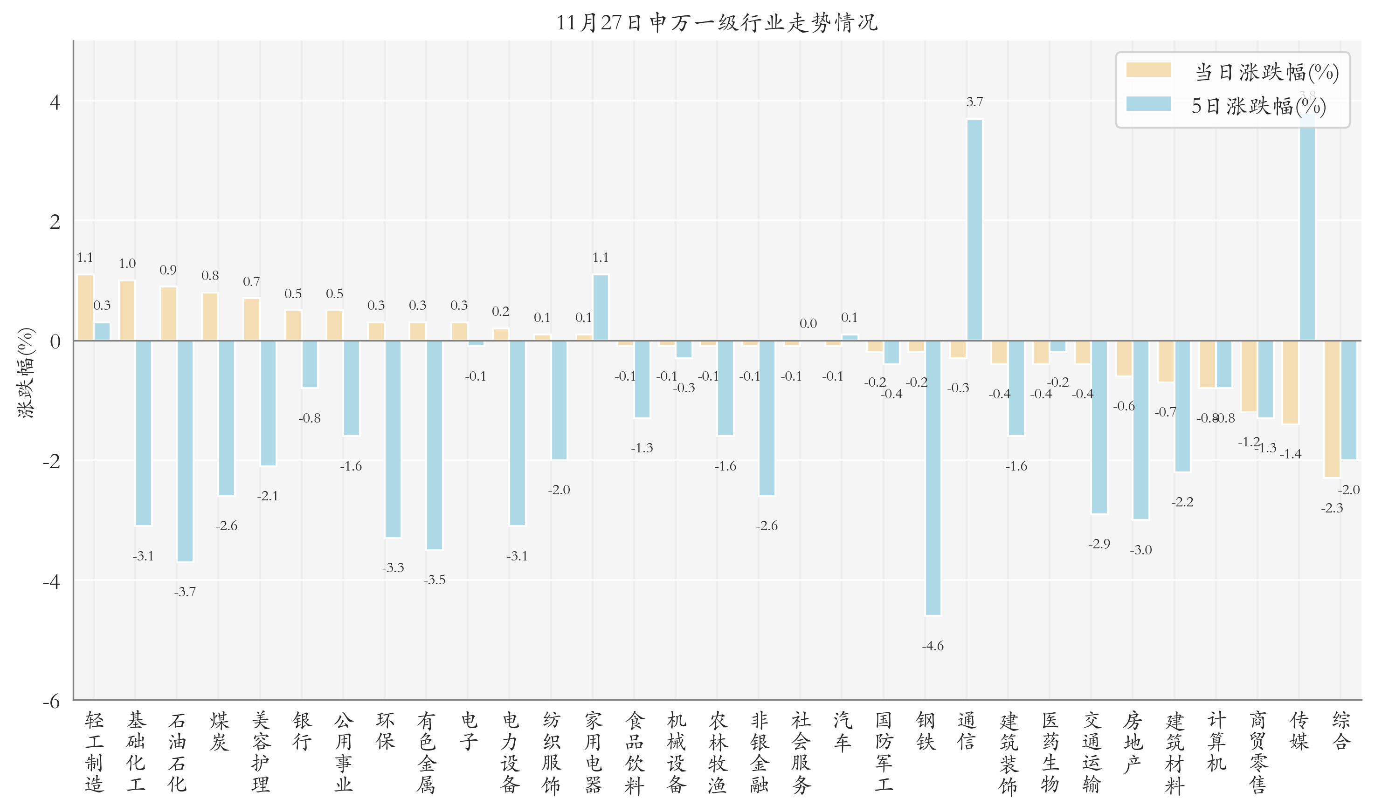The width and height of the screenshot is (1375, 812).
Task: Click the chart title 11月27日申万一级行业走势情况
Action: [716, 23]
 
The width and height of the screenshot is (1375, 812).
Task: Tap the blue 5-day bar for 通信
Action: [974, 230]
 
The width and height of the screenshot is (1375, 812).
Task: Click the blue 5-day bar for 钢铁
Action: [933, 477]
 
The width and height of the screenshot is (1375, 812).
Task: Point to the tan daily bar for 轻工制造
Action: [85, 307]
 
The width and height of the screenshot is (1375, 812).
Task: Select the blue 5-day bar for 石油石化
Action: [185, 450]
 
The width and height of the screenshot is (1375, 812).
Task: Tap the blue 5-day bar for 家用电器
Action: [600, 307]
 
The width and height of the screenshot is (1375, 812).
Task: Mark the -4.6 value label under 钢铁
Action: [933, 646]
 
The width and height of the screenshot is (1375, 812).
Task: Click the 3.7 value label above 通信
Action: [974, 102]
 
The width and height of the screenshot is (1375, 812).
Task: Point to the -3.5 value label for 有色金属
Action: [434, 580]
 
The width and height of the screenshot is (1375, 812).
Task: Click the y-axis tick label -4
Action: [52, 581]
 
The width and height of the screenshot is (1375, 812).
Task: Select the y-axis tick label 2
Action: [55, 222]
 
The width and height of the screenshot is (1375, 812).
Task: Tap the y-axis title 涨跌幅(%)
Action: [26, 373]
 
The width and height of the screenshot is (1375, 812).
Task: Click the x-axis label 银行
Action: [302, 730]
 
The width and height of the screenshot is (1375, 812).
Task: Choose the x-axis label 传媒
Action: [1299, 730]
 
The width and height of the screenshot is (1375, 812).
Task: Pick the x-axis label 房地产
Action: [1133, 741]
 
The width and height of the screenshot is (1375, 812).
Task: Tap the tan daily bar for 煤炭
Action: [210, 317]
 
